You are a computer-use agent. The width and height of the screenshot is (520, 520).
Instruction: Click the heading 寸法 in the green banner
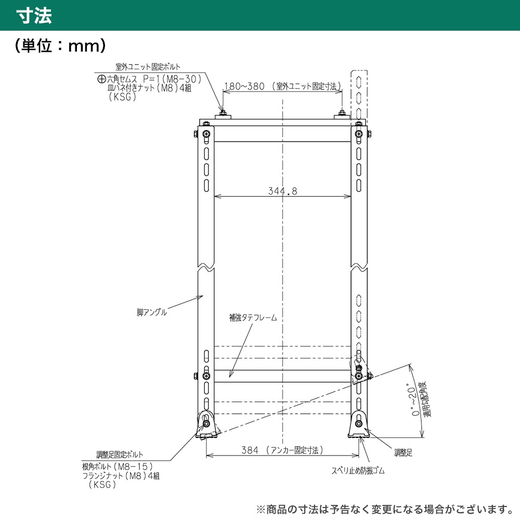tap(34, 16)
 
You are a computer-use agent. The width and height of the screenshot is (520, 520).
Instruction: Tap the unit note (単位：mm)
tap(60, 45)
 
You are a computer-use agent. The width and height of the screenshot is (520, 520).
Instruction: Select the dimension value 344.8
tap(282, 191)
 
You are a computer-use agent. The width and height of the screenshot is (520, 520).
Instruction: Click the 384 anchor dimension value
tap(250, 450)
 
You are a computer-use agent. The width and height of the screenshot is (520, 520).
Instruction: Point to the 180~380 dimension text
tap(244, 86)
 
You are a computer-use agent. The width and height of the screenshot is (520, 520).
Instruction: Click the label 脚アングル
tap(151, 313)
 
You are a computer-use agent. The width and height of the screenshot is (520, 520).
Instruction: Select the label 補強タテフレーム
tap(253, 318)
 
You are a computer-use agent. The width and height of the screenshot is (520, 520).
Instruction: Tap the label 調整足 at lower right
tap(404, 453)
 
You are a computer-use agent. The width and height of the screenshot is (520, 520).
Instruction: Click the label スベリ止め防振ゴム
tap(358, 471)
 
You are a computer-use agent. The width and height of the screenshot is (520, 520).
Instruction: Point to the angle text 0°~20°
tap(412, 401)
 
